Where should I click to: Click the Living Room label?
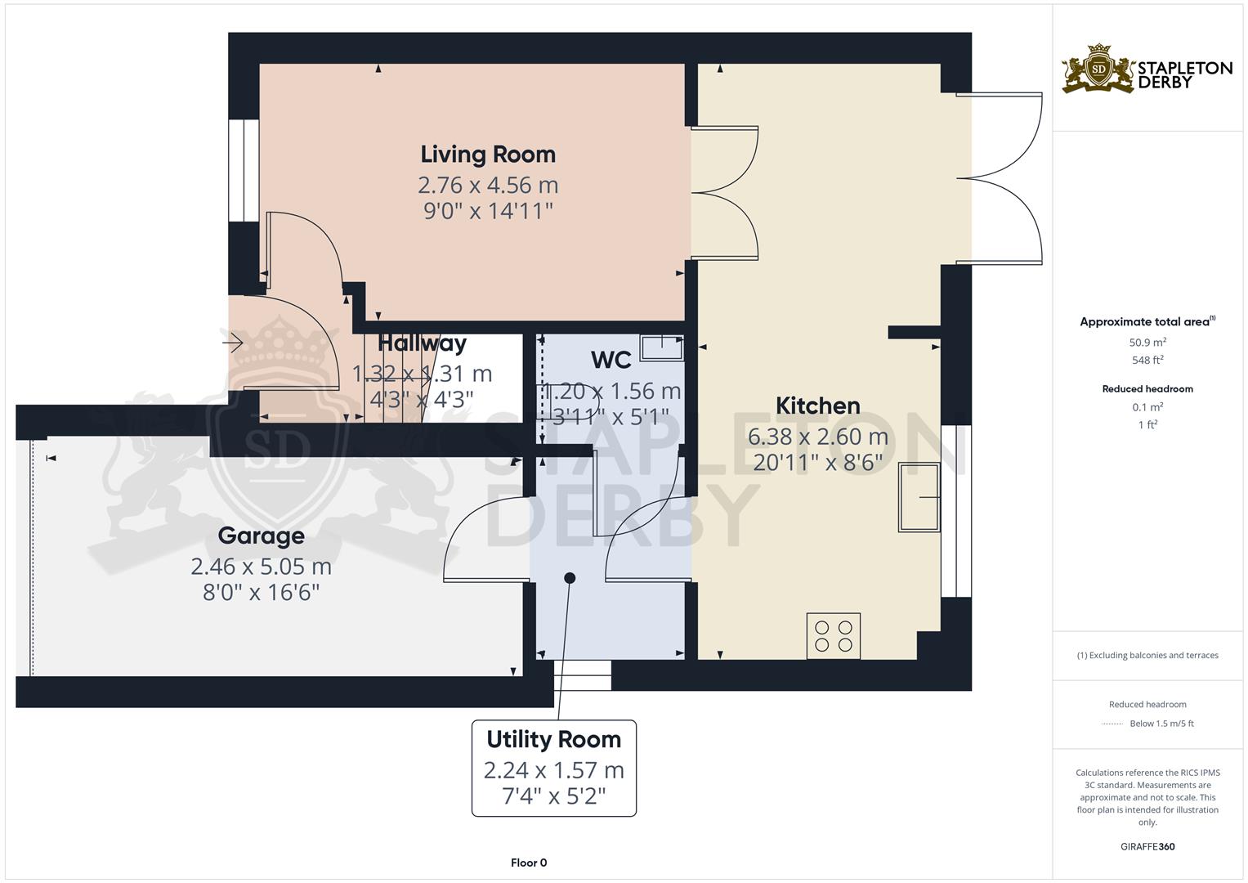pyautogui.click(x=488, y=155)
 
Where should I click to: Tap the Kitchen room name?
pyautogui.click(x=817, y=406)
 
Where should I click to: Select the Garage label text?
pyautogui.click(x=261, y=536)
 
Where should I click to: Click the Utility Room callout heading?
pyautogui.click(x=553, y=740)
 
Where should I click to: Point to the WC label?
pyautogui.click(x=611, y=360)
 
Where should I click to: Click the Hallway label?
pyautogui.click(x=422, y=343)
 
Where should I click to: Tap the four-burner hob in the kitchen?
pyautogui.click(x=834, y=636)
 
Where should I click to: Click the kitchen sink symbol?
pyautogui.click(x=919, y=497)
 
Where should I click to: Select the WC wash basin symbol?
pyautogui.click(x=661, y=347)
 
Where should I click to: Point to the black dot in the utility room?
pyautogui.click(x=570, y=578)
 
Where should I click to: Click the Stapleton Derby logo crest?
pyautogui.click(x=1098, y=69)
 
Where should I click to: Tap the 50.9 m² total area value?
pyautogui.click(x=1147, y=343)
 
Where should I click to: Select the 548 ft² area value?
pyautogui.click(x=1147, y=360)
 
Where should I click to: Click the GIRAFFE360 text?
pyautogui.click(x=1147, y=846)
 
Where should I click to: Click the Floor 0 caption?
pyautogui.click(x=529, y=863)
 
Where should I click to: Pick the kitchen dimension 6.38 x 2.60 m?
pyautogui.click(x=817, y=437)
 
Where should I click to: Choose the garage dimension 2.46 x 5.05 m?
pyautogui.click(x=261, y=567)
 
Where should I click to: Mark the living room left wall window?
pyautogui.click(x=243, y=170)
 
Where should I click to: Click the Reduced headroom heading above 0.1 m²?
pyautogui.click(x=1147, y=389)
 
